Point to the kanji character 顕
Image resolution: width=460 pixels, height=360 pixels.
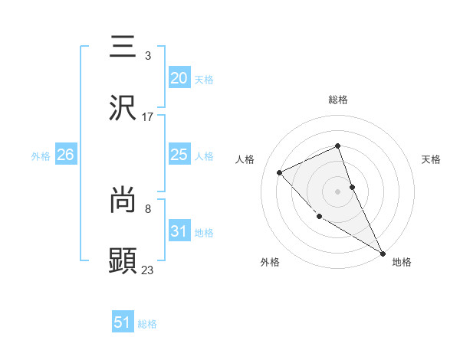(123, 260)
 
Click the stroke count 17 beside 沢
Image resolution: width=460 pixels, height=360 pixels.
(148, 117)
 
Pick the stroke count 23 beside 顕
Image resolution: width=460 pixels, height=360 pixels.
(148, 270)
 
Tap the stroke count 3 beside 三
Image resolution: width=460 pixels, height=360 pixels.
(148, 56)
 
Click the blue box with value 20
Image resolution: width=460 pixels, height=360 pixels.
(179, 78)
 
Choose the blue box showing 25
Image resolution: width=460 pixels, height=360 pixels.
(179, 155)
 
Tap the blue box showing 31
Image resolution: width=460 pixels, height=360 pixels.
(179, 231)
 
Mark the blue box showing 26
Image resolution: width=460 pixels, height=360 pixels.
(65, 155)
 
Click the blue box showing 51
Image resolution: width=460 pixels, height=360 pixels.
(123, 322)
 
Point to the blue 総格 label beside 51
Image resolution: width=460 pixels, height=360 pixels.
(147, 324)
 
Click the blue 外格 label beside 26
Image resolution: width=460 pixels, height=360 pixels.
(41, 156)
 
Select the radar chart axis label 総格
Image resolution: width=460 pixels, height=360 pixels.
(338, 100)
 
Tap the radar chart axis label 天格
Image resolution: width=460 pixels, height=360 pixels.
(432, 159)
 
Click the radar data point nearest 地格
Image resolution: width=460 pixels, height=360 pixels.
(383, 252)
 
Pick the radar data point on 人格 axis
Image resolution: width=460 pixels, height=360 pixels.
(280, 172)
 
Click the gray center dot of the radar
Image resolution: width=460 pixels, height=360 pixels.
(338, 191)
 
